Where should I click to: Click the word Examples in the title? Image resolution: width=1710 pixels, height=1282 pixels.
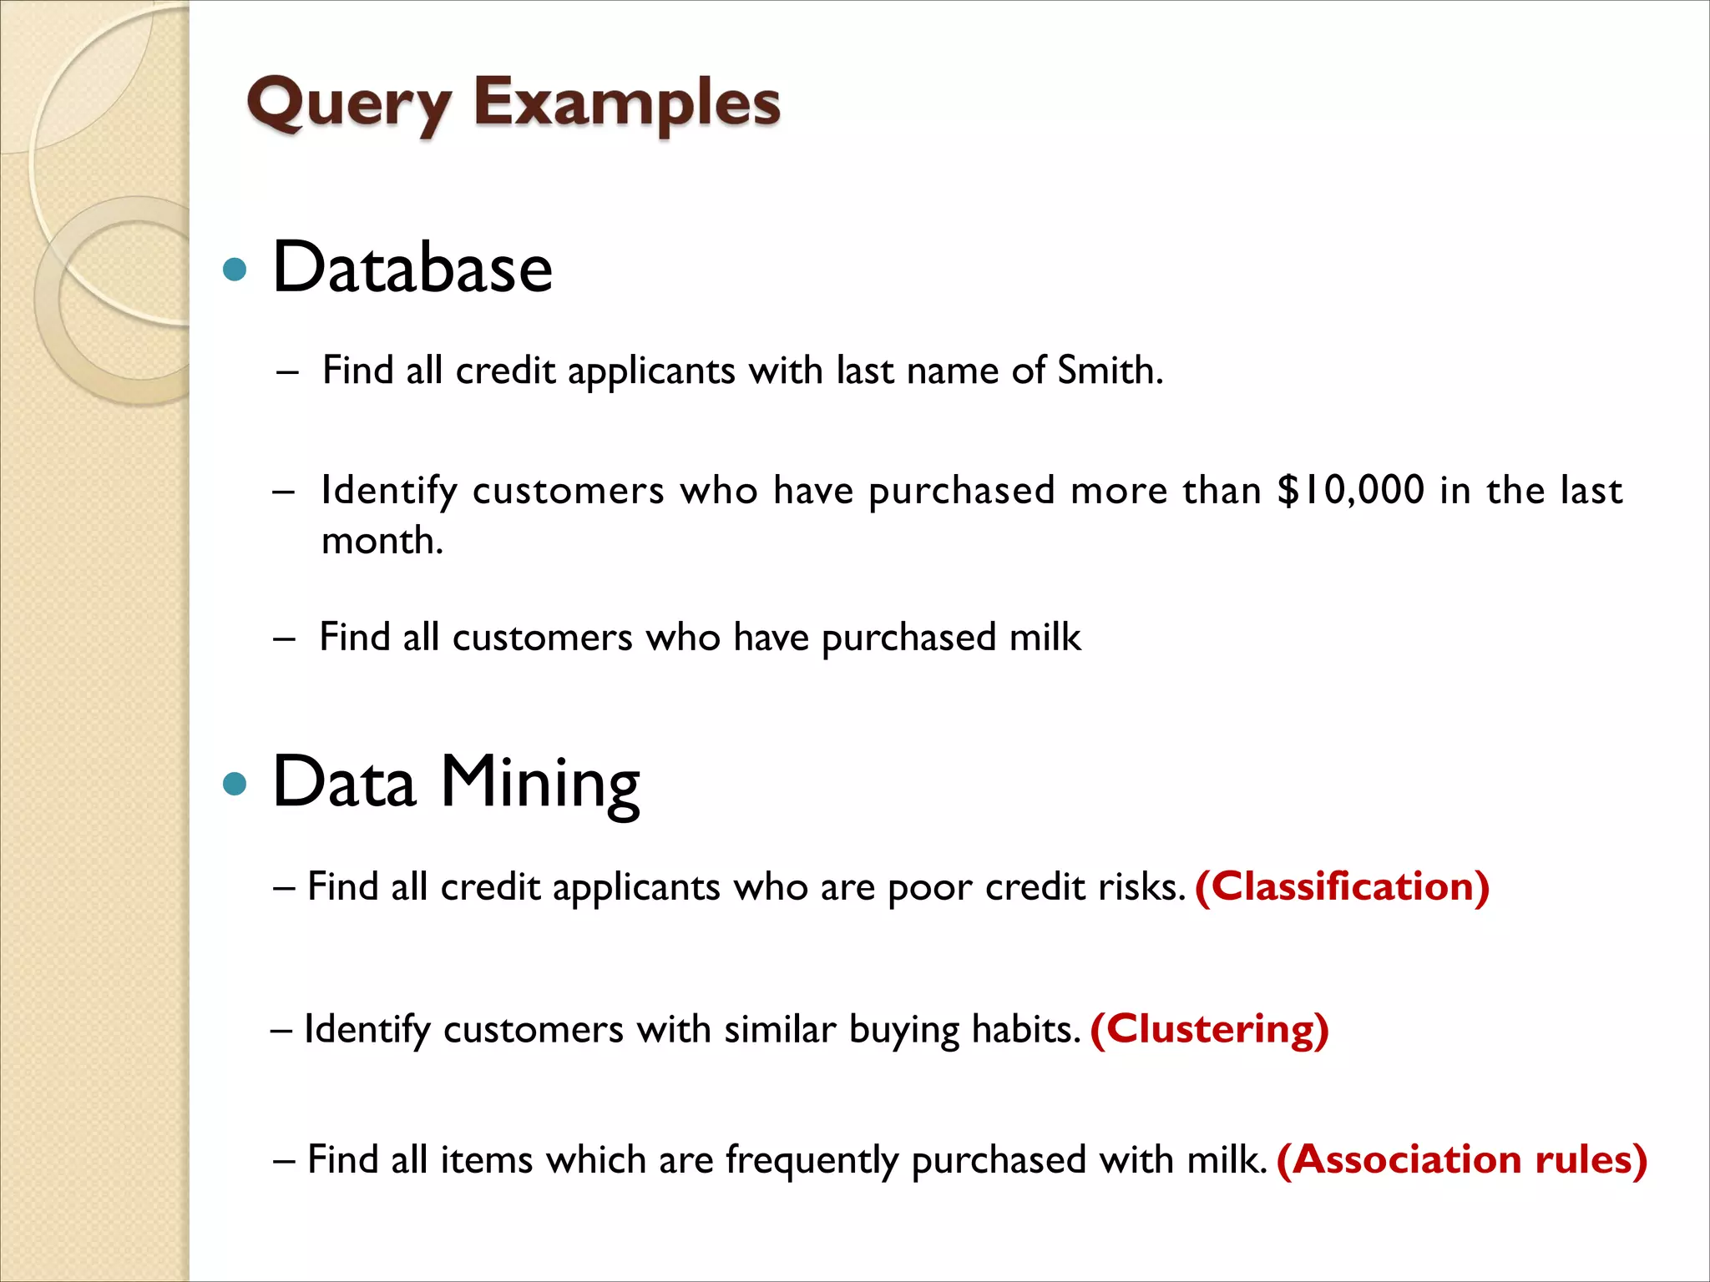[x=627, y=104]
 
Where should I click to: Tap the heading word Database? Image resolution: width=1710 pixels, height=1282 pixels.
[x=412, y=268]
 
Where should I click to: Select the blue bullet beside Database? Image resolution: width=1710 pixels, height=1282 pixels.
[x=236, y=270]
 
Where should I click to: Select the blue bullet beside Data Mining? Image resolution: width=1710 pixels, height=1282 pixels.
[x=236, y=784]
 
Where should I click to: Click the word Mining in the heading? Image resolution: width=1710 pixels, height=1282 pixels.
[x=539, y=783]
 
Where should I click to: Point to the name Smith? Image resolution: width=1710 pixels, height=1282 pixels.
[x=1110, y=371]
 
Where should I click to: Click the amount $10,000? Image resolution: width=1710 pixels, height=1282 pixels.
[x=1350, y=490]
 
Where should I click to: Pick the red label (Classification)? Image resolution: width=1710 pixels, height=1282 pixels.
[x=1343, y=886]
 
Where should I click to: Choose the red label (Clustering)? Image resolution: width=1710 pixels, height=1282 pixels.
[x=1209, y=1029]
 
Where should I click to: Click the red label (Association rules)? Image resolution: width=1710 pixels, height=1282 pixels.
[x=1462, y=1159]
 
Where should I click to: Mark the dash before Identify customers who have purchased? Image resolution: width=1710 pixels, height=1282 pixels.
[x=284, y=491]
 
